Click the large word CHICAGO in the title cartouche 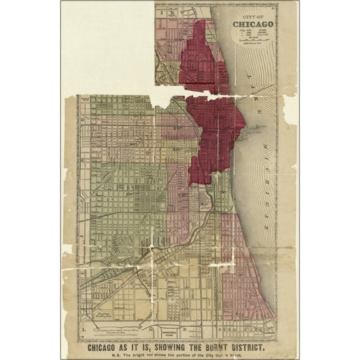click(x=252, y=24)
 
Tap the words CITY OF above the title click(x=252, y=16)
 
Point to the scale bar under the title click(x=252, y=39)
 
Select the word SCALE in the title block click(x=252, y=36)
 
